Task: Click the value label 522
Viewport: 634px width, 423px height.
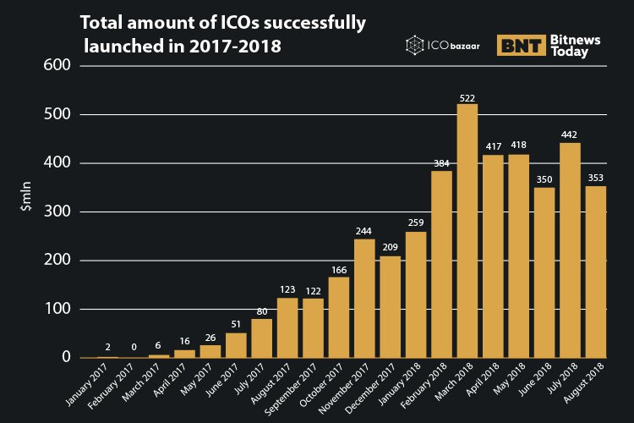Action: click(467, 97)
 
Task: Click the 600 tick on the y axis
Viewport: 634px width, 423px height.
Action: click(54, 65)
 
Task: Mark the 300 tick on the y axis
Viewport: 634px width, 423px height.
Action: click(54, 211)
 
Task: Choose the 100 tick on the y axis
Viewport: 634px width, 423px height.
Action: click(54, 309)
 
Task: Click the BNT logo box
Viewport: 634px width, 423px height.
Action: click(521, 46)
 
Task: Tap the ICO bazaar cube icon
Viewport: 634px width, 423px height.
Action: click(414, 45)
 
